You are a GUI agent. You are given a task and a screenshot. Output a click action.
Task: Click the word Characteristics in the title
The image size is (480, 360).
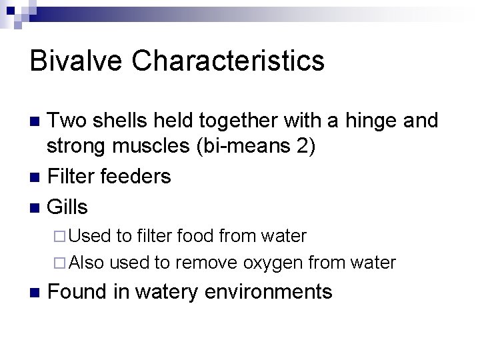[x=228, y=61]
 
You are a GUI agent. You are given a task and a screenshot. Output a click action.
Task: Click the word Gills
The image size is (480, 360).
[x=68, y=207]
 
